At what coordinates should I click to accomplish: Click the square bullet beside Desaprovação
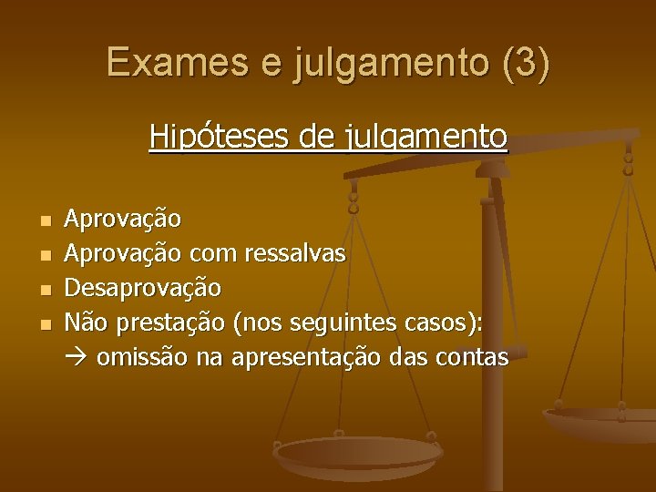pyautogui.click(x=46, y=290)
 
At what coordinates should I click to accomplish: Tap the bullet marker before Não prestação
pyautogui.click(x=46, y=324)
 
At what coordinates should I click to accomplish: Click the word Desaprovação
pyautogui.click(x=142, y=288)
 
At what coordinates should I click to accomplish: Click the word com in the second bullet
pyautogui.click(x=211, y=253)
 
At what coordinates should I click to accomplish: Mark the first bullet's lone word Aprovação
pyautogui.click(x=123, y=219)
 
